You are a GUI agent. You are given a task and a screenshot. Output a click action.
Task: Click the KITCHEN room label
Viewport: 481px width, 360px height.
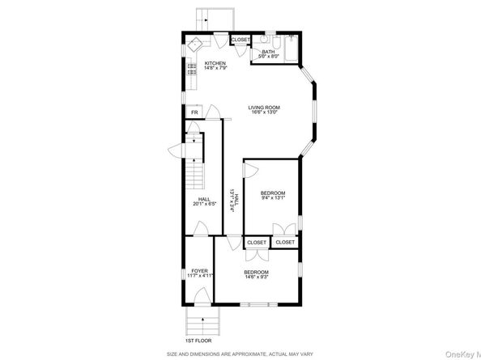tap(215, 63)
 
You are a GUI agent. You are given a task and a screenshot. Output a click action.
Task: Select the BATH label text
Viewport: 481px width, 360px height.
tap(268, 52)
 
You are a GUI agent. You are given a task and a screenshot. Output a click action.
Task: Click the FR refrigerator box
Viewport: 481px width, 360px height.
tap(194, 112)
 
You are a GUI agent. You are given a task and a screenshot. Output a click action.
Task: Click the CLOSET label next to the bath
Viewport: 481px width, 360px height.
tap(240, 40)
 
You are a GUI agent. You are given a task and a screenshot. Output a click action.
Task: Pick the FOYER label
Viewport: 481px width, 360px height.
tap(199, 270)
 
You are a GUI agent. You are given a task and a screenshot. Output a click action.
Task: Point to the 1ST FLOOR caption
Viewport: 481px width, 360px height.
tap(199, 342)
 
